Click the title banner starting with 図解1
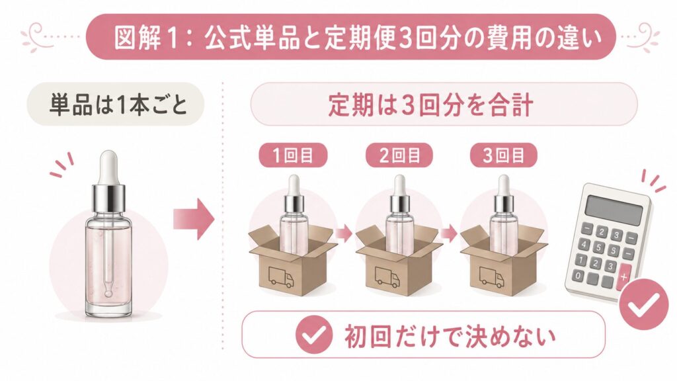[350, 37]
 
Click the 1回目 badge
[293, 155]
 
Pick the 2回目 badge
[399, 155]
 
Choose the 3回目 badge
[503, 155]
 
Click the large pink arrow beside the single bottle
[194, 219]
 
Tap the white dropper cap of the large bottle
[108, 167]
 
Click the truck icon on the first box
[281, 276]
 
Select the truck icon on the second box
[387, 276]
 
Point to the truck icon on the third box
[492, 276]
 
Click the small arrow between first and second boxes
[344, 233]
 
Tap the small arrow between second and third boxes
[449, 233]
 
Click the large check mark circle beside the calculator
[643, 304]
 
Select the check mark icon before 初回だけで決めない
[314, 335]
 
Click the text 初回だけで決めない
[450, 335]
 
